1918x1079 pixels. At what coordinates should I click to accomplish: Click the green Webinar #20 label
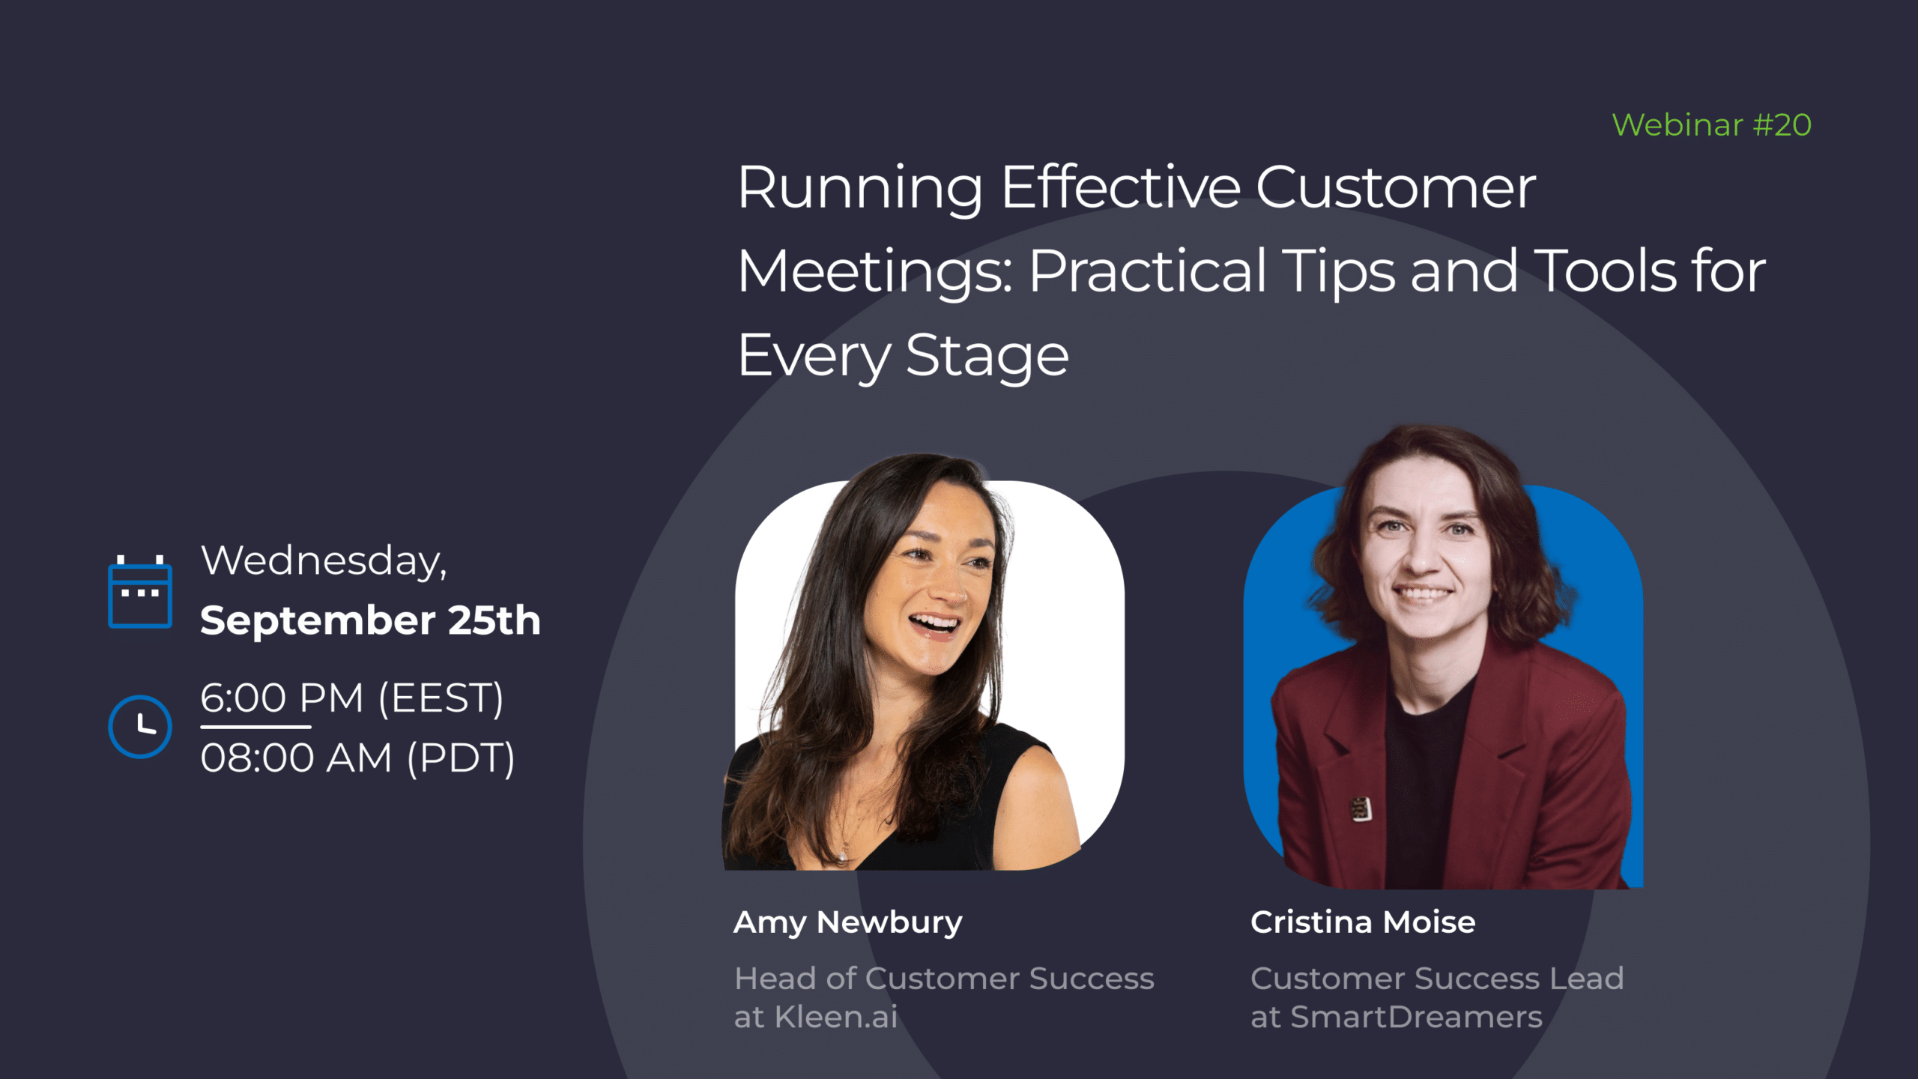[1711, 125]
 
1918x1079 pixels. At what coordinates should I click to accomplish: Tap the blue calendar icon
[140, 593]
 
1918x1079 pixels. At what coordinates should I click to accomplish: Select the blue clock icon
[140, 726]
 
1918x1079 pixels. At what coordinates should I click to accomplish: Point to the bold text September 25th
[370, 620]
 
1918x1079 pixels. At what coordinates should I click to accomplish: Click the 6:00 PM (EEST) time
[352, 698]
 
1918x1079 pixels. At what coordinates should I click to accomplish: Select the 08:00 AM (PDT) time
[358, 758]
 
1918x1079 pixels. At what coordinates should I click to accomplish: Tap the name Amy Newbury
[847, 922]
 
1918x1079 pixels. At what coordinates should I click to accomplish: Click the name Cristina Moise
[1363, 922]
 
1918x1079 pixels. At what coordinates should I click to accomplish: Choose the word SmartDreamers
[1416, 1018]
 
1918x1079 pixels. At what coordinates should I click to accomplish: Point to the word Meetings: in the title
[874, 271]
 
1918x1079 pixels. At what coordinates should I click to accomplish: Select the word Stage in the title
[987, 355]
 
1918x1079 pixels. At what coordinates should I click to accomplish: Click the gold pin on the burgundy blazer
[1361, 809]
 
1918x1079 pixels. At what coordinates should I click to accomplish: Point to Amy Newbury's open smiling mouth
[934, 623]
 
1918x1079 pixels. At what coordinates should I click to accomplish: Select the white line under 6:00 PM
[255, 727]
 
